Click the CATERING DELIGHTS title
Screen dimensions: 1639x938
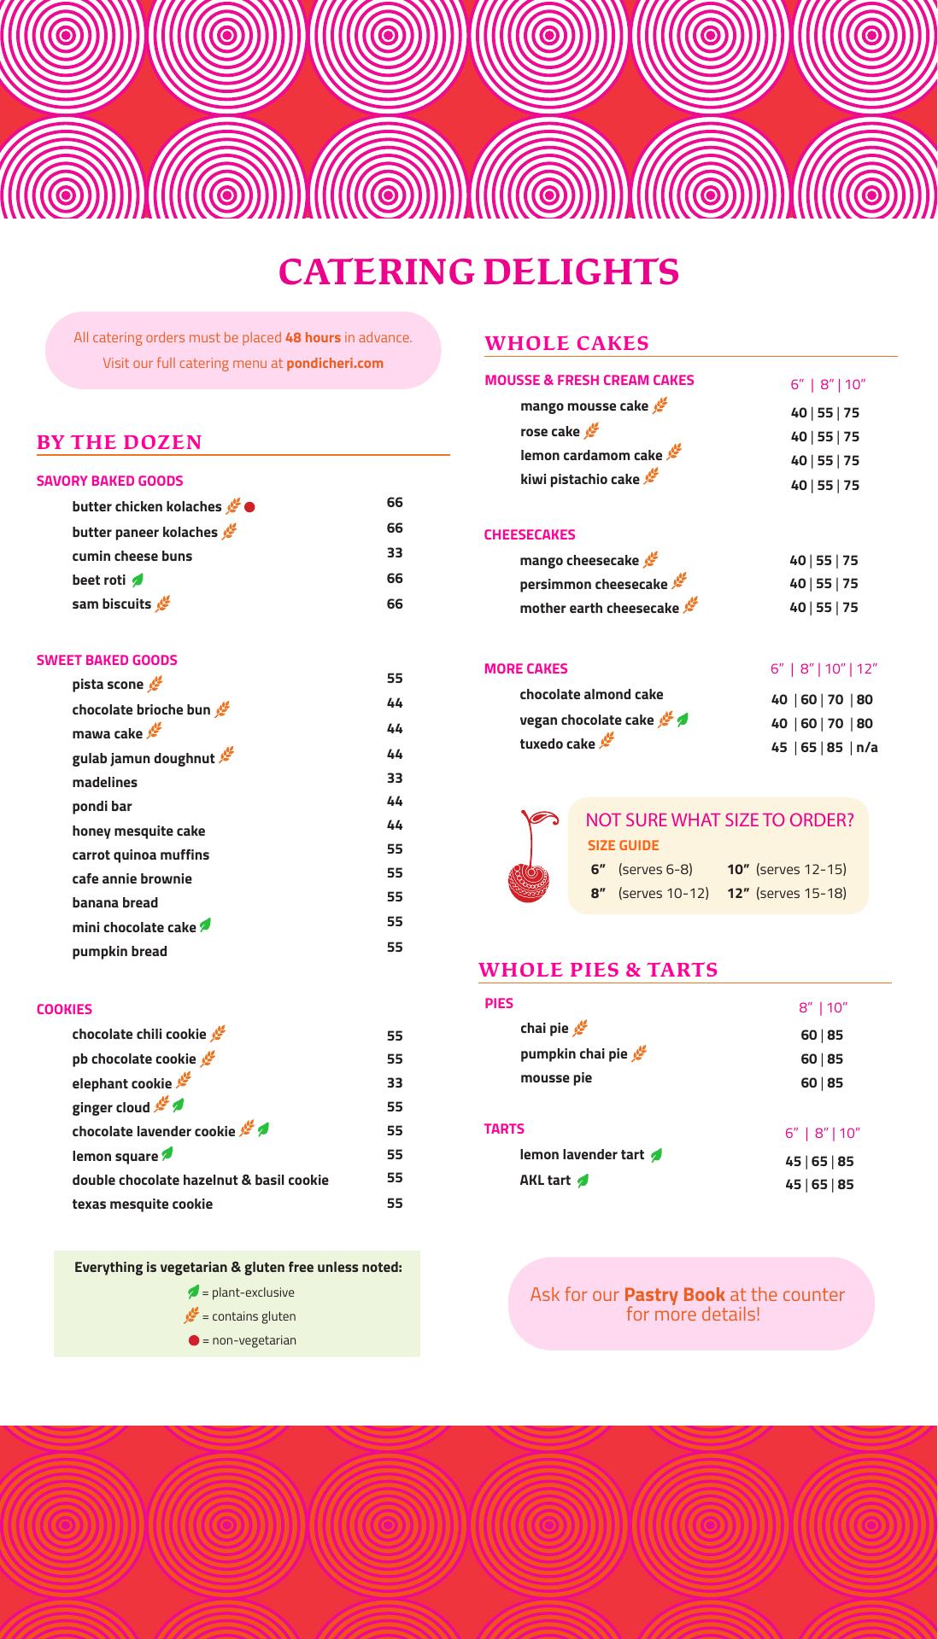click(478, 271)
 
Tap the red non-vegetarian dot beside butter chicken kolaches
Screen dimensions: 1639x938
click(250, 507)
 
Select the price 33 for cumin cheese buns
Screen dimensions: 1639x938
click(395, 553)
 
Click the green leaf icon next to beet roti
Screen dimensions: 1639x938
click(138, 580)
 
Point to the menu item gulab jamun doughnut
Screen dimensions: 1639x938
click(144, 758)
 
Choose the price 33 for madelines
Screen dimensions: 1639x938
click(395, 779)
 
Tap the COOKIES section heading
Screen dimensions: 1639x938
click(64, 1009)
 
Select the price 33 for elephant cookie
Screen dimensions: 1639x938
click(395, 1083)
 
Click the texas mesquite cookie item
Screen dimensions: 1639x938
click(142, 1204)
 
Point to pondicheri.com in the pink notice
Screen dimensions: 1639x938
click(335, 363)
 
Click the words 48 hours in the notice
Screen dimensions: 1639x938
click(313, 338)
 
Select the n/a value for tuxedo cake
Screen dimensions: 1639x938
click(867, 748)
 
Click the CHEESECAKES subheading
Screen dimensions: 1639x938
click(530, 535)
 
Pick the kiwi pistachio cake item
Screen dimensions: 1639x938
click(579, 480)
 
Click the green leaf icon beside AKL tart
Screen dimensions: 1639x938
click(583, 1181)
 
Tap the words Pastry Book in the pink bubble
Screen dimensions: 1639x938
click(674, 1294)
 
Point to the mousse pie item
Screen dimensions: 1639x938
click(556, 1078)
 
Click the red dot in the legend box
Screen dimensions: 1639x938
click(194, 1340)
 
